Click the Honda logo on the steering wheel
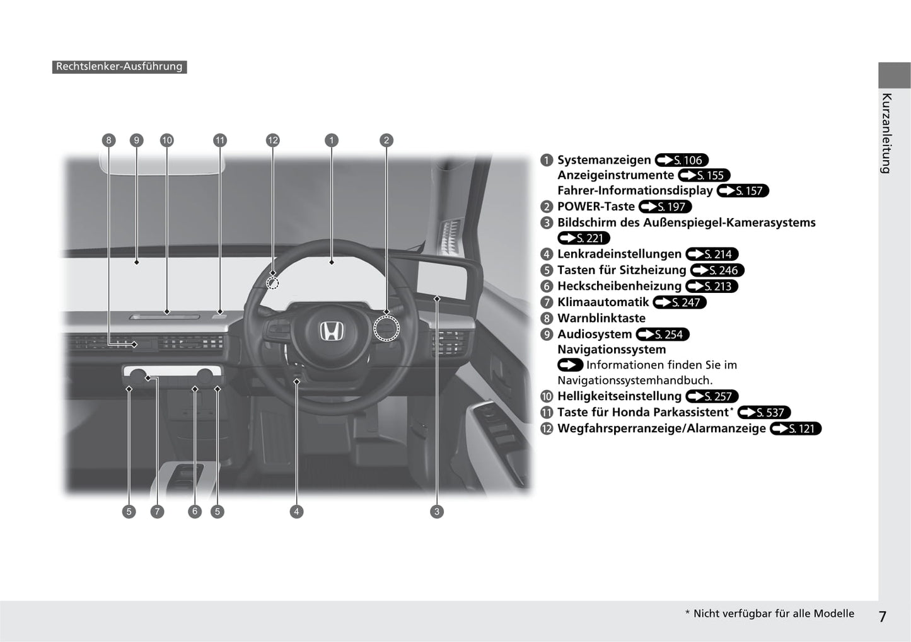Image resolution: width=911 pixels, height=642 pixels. point(332,331)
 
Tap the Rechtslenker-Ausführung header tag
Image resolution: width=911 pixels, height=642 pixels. point(120,67)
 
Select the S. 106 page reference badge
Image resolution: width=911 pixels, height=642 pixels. point(682,160)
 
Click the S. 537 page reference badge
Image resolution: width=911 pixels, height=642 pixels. point(763,413)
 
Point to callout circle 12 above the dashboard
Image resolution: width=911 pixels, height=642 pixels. point(272,140)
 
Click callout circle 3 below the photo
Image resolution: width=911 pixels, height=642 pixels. point(437,512)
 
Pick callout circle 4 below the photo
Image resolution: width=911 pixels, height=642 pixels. point(296,512)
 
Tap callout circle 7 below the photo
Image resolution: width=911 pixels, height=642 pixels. point(157,512)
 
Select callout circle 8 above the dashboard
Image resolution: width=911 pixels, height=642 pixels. point(108,140)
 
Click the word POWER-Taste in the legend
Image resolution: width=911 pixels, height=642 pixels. point(596,207)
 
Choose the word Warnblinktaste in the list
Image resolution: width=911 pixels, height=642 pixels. point(601,318)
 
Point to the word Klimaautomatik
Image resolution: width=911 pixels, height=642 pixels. point(603,302)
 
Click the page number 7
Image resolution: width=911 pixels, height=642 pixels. point(882,616)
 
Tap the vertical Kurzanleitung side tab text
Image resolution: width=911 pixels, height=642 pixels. point(887,134)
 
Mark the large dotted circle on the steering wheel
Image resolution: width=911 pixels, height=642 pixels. point(386,328)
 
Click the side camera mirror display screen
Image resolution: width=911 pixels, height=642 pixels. point(442,281)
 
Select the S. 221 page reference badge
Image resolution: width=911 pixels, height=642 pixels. point(584,238)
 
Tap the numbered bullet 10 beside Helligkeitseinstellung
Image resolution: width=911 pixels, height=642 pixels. point(547,396)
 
